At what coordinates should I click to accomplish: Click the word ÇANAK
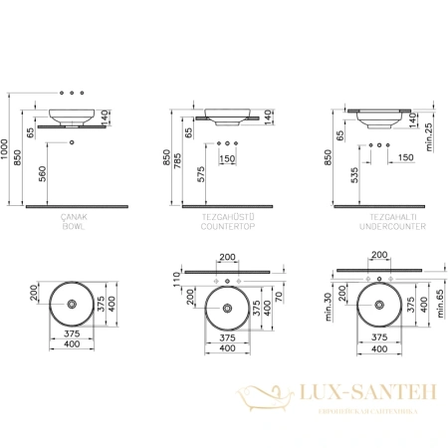(75, 217)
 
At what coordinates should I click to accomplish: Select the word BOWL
(75, 227)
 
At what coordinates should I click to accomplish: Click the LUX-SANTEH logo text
(374, 396)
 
